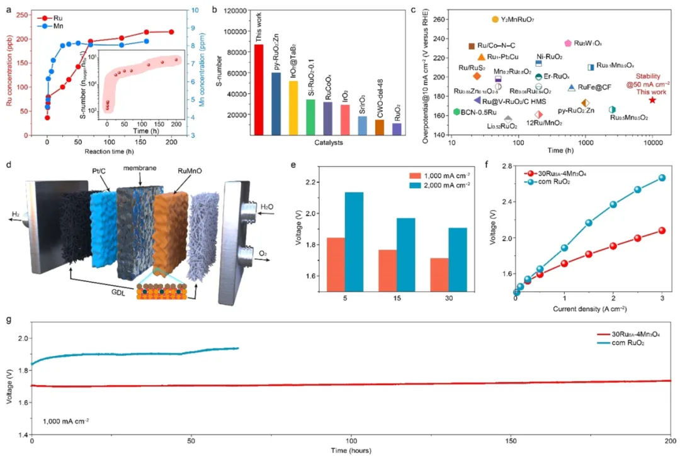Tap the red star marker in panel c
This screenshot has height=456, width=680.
(x=652, y=100)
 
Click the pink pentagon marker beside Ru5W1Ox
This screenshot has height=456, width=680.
(x=568, y=43)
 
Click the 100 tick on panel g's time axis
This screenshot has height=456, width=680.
(x=351, y=442)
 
